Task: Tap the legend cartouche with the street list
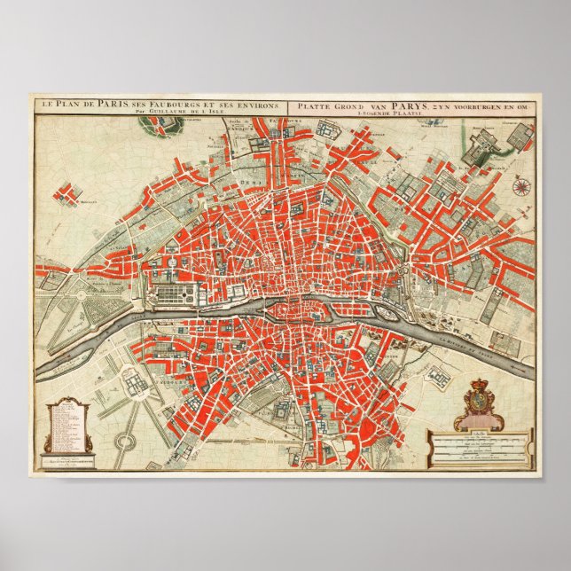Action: [x=68, y=427]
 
